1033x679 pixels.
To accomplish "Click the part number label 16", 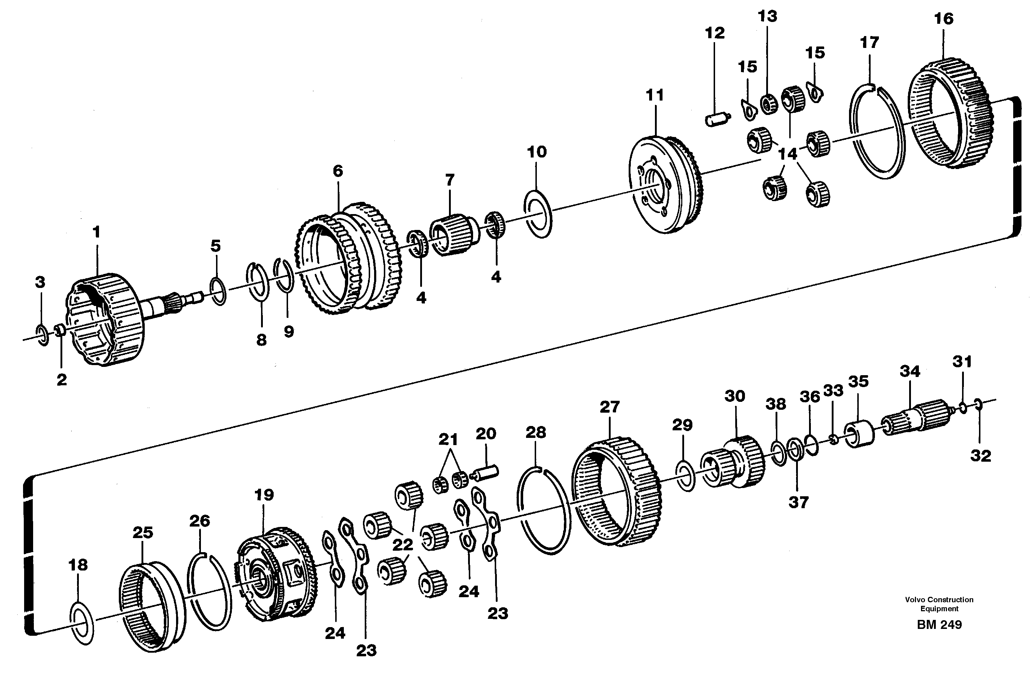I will pos(944,19).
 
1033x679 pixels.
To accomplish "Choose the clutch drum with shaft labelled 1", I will pos(106,320).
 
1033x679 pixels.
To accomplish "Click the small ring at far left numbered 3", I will pos(42,334).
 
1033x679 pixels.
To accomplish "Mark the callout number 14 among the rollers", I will pos(787,154).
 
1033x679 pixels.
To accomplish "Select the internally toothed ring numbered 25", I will pos(152,606).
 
